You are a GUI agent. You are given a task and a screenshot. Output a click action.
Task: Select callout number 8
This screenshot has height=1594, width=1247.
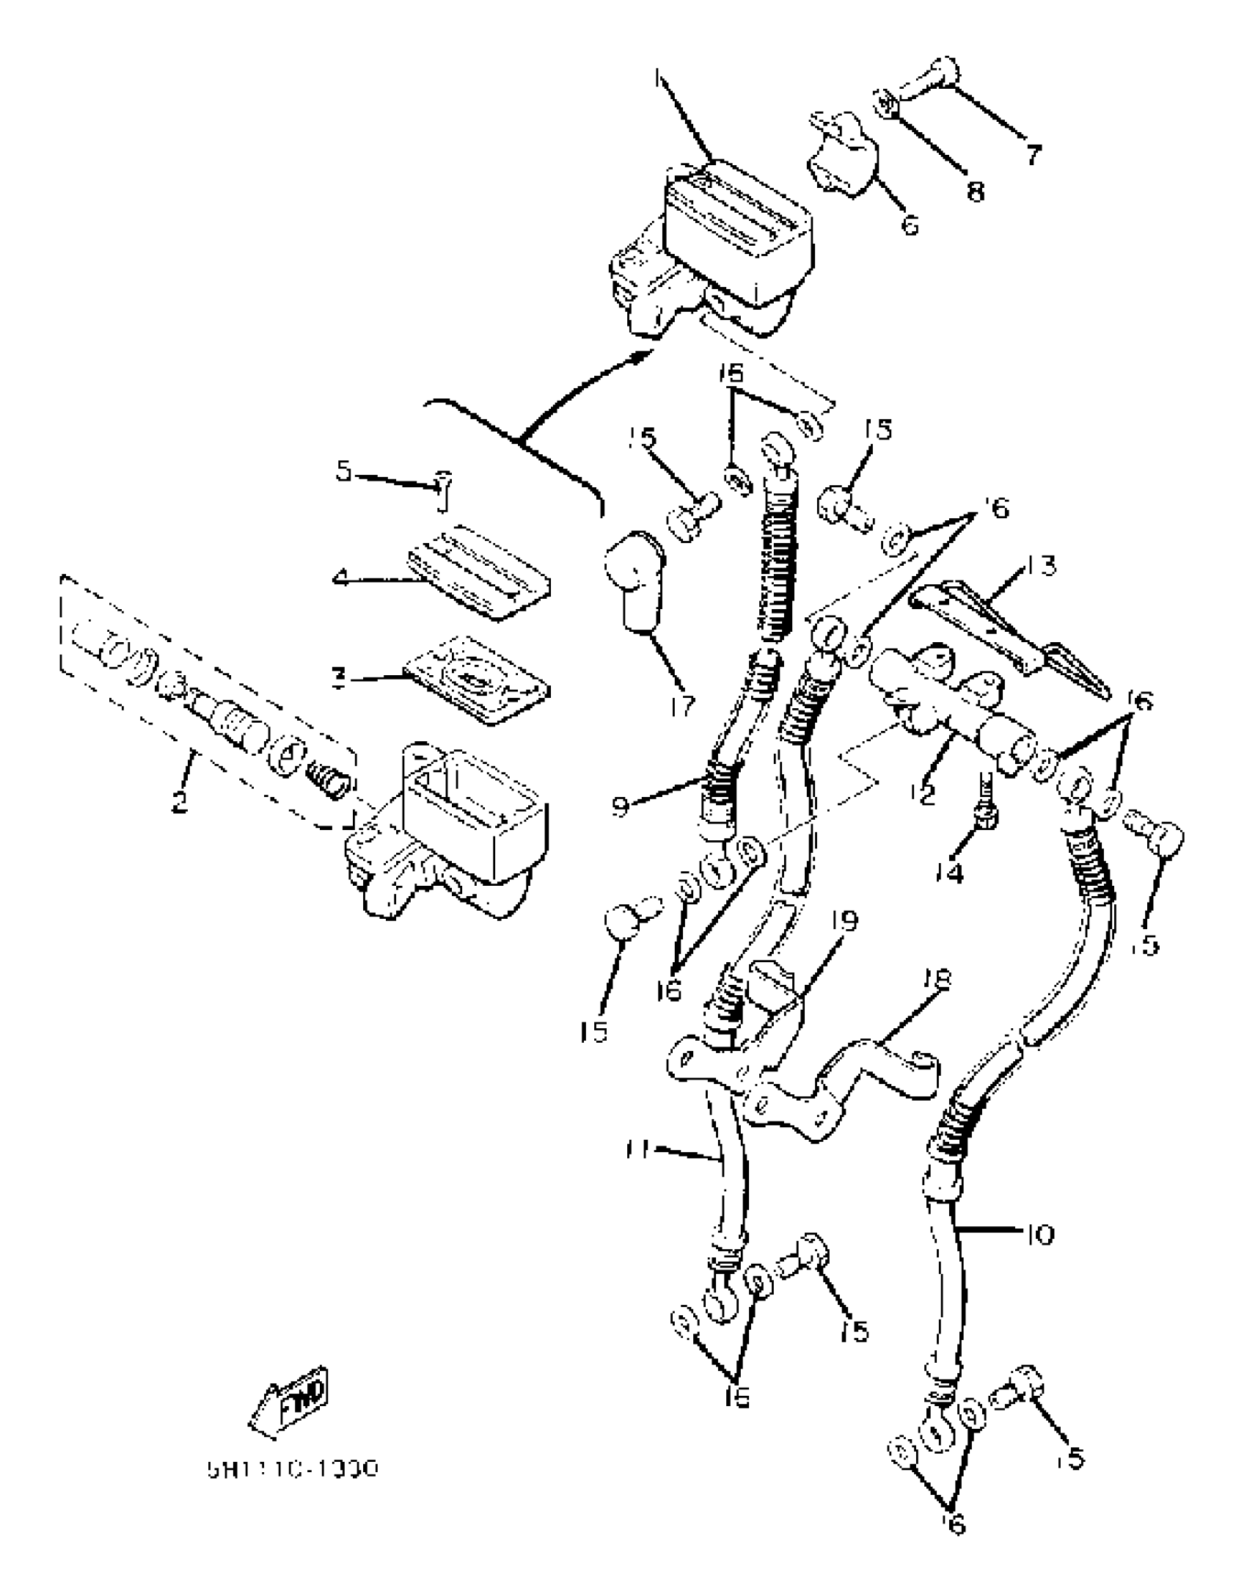pos(975,192)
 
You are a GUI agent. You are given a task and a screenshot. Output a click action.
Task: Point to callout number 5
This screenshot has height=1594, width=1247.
pos(344,471)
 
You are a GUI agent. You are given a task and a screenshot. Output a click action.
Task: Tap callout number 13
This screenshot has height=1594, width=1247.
pos(1041,567)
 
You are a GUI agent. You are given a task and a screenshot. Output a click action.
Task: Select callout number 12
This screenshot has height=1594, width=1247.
pos(926,794)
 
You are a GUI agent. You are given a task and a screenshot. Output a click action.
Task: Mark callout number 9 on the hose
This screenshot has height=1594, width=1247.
pos(621,807)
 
